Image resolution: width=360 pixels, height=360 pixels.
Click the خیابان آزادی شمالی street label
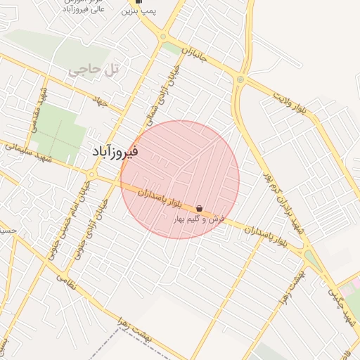coord(171,90)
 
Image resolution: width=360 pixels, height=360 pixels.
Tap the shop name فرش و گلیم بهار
coord(200,219)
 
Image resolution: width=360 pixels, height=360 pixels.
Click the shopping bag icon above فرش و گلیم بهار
coord(200,209)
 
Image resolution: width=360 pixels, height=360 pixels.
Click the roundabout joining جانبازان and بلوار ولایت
coord(241,79)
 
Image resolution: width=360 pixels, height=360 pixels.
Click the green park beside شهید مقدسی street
coord(58,130)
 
